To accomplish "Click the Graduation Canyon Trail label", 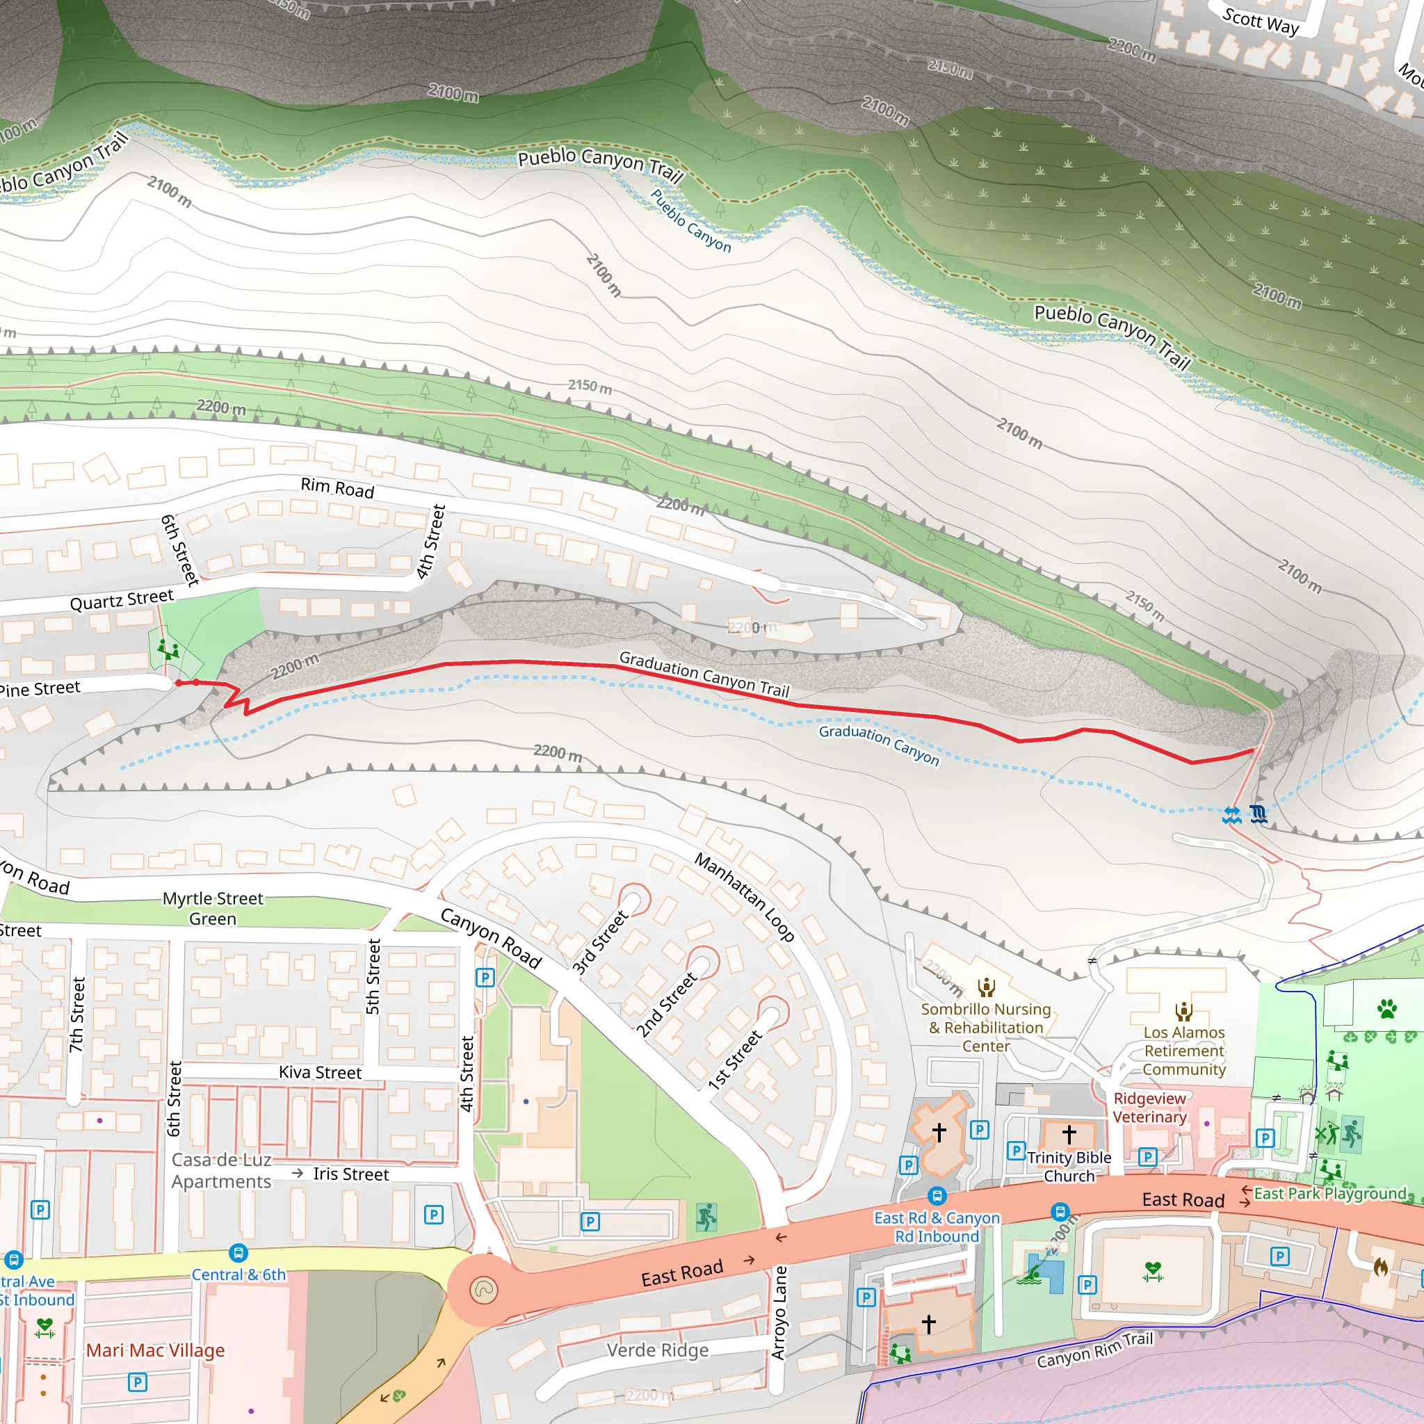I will (x=704, y=674).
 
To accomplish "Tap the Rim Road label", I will (x=337, y=487).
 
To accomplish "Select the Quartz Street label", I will (x=122, y=600).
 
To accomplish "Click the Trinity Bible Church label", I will (x=1069, y=1167).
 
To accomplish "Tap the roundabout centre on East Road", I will (x=483, y=1290).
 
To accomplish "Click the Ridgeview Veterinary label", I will (x=1150, y=1108).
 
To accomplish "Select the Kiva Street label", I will (x=320, y=1072).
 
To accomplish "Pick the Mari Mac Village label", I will (x=156, y=1350).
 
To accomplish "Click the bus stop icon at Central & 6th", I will (x=238, y=1252).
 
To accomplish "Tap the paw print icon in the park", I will (x=1387, y=1008).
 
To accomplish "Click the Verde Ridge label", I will (x=658, y=1350).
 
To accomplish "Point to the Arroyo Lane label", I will (x=779, y=1313).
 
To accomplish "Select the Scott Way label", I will (x=1261, y=22).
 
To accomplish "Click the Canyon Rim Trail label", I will (x=1094, y=1350).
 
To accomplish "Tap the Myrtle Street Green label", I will (x=213, y=909).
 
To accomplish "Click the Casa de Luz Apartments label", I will (x=221, y=1170).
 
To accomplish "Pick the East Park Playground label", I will (x=1330, y=1193).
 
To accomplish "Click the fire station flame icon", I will (x=1380, y=1267).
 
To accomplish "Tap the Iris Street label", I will (x=351, y=1174).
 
